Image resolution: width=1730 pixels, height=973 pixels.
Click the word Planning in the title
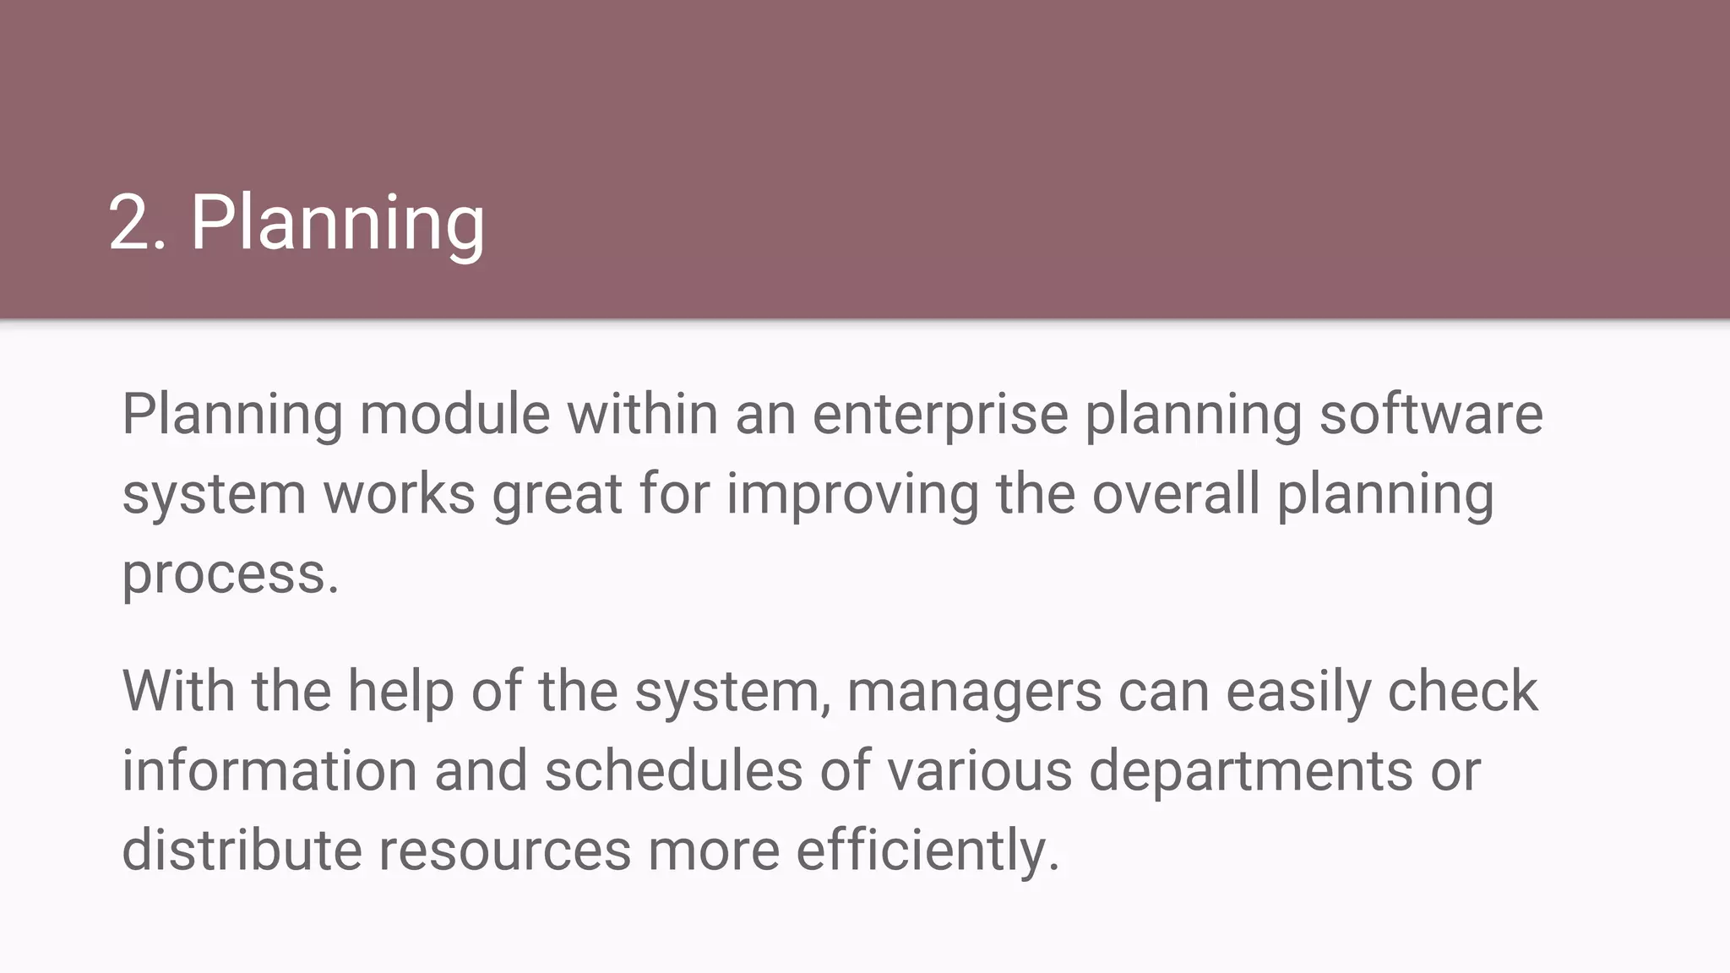coord(337,223)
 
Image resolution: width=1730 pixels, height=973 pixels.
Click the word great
coord(557,494)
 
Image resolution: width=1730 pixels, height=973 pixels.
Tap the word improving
coord(851,494)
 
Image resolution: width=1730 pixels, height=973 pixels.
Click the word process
coord(230,574)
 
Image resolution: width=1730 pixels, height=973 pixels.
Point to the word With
coord(178,691)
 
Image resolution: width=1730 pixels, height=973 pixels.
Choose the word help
coord(400,691)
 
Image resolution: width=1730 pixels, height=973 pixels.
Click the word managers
coord(974,691)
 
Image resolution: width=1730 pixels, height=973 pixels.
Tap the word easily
coord(1298,691)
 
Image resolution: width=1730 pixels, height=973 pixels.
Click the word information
coord(269,771)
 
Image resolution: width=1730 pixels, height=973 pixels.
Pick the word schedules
coord(673,771)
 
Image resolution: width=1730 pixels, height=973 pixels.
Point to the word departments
coord(1250,771)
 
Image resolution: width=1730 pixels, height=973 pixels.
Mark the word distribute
coord(242,850)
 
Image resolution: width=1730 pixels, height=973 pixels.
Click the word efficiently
coord(927,850)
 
